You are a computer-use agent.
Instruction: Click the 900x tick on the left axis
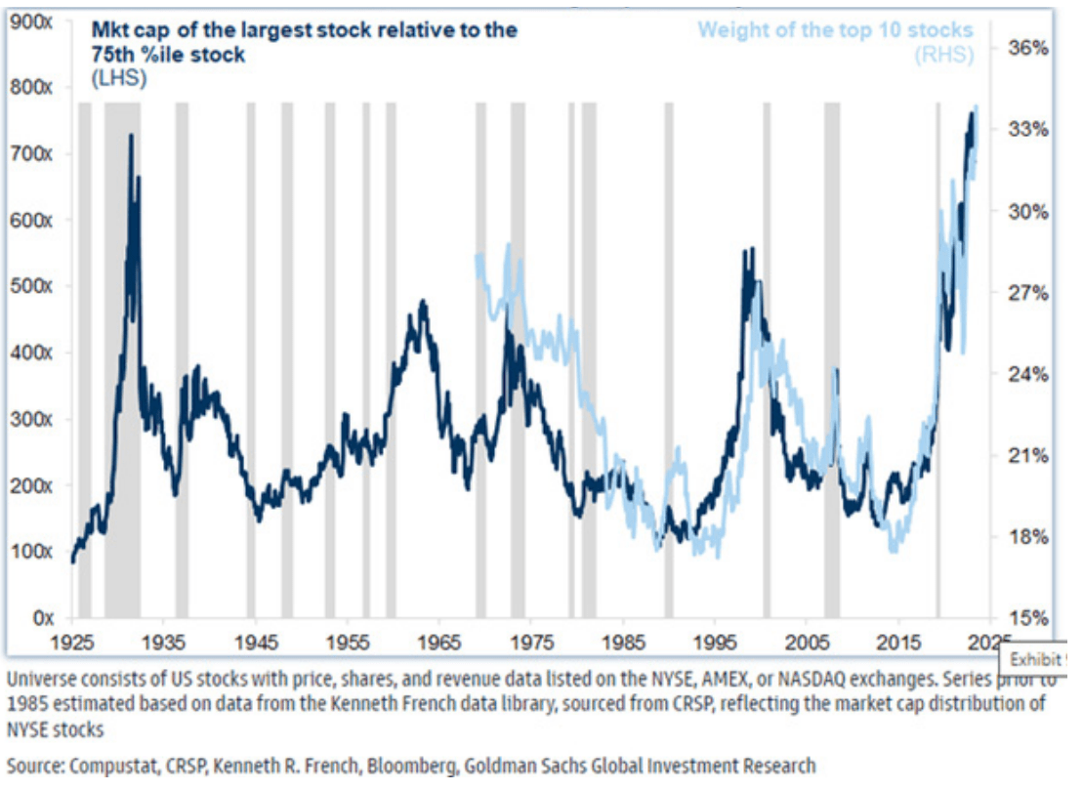33,21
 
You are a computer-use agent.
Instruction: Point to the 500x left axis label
33,286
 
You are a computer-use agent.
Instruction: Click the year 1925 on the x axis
73,643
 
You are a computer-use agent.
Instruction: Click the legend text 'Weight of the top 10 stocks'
835,29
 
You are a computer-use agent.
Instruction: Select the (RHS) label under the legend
943,55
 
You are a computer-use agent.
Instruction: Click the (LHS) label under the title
118,79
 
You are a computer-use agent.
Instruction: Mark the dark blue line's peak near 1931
131,136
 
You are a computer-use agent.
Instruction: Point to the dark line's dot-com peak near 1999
750,249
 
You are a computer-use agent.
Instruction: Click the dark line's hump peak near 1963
423,302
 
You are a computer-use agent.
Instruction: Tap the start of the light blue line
476,256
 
